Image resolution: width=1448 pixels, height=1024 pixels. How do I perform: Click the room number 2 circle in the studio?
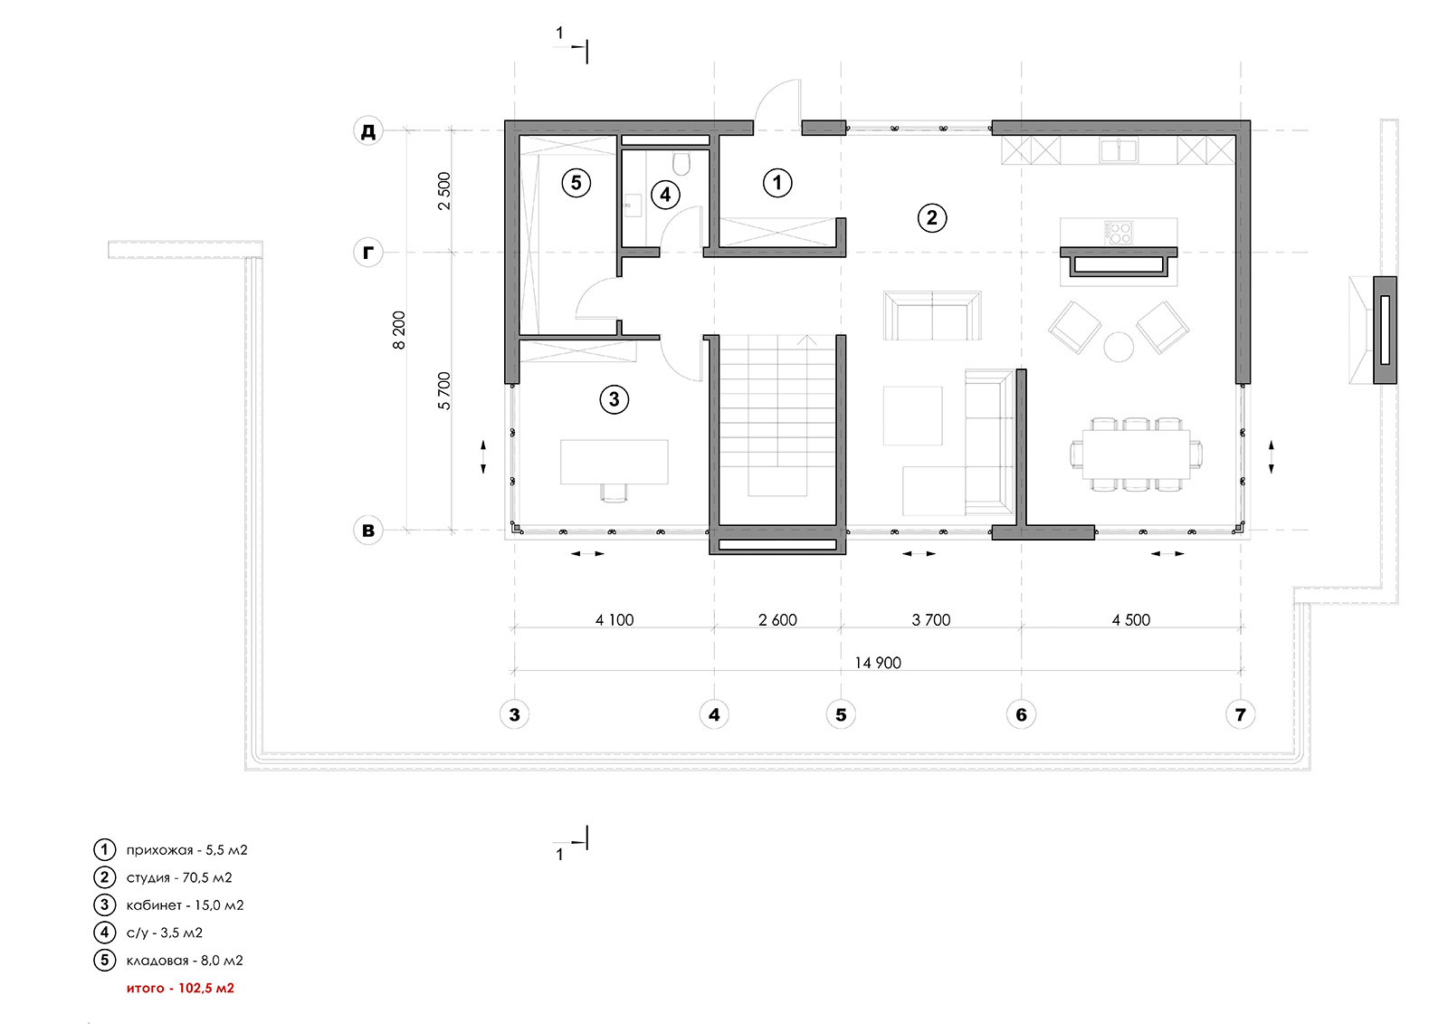(932, 217)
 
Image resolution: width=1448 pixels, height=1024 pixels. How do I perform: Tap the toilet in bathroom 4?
(682, 162)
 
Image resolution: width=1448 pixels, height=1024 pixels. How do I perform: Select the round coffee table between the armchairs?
(1119, 346)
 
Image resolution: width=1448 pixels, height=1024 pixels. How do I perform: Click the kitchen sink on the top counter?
(1119, 150)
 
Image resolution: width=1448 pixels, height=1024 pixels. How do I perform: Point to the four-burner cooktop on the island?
(1119, 232)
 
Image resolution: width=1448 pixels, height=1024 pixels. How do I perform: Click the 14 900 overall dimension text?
(878, 663)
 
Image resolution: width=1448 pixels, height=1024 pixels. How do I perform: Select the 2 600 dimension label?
(777, 620)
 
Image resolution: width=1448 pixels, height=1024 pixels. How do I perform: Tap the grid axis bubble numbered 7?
(1240, 714)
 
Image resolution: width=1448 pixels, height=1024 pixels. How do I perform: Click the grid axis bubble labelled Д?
(368, 131)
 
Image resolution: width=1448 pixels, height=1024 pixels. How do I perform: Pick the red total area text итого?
(180, 988)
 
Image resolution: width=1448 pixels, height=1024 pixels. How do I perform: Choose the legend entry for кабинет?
(185, 904)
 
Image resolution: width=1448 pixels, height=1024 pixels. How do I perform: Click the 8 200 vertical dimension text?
(399, 330)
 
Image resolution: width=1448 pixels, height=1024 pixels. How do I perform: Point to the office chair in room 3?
(614, 492)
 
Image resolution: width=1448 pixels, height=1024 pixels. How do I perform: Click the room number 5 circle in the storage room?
(576, 183)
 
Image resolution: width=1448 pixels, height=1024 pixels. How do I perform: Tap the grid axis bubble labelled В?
(368, 531)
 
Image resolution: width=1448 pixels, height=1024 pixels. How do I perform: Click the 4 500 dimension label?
(1131, 620)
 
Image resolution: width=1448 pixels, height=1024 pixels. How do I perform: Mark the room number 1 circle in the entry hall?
(777, 183)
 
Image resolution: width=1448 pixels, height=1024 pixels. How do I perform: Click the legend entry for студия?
(179, 877)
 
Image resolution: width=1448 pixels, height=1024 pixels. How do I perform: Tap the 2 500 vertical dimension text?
(443, 191)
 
